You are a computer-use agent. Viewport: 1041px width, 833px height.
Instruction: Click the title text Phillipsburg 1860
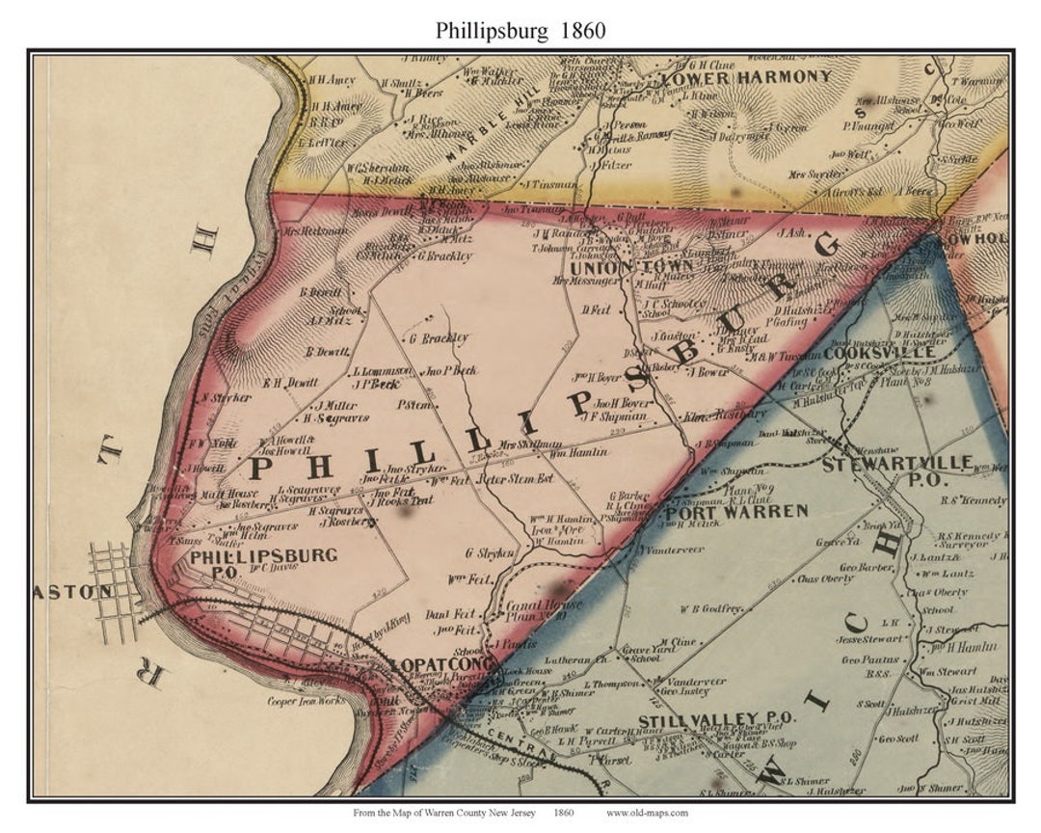520,29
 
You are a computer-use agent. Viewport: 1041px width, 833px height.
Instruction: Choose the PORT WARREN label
735,511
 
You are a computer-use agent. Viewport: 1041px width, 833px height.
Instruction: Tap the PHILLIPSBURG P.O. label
263,562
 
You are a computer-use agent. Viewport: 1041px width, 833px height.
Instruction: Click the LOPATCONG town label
443,665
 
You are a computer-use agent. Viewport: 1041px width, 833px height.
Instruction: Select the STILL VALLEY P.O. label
716,718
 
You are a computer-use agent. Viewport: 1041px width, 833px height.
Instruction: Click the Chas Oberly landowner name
826,579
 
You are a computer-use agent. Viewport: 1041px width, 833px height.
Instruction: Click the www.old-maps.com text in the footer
647,813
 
